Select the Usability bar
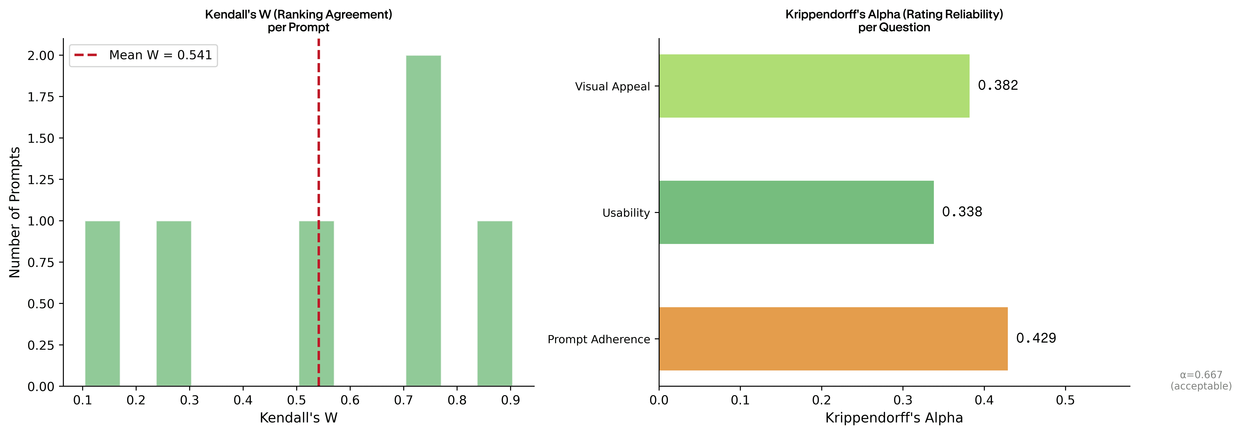pos(796,212)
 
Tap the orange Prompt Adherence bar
pos(833,339)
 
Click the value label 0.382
pos(998,86)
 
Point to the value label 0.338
pos(962,212)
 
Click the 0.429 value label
pos(1036,338)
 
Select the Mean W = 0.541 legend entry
pos(143,55)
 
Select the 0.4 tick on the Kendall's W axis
pos(243,400)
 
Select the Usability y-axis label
pos(626,213)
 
